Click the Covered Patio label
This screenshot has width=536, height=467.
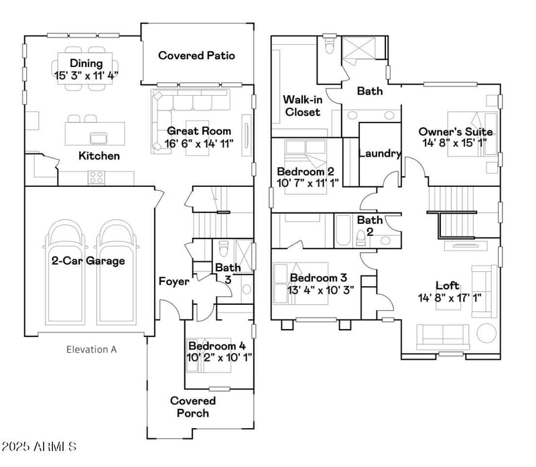196,56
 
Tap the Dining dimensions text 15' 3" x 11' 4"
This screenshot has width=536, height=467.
86,75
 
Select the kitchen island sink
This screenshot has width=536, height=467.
98,138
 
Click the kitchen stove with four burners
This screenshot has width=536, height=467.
96,178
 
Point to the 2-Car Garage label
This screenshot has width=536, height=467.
88,261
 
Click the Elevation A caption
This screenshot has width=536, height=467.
91,349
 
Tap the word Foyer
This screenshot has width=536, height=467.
174,281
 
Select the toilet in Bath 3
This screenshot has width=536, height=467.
224,248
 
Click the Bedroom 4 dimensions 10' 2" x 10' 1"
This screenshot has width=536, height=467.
220,358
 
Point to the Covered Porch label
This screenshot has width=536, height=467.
193,407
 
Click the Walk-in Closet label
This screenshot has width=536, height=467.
303,106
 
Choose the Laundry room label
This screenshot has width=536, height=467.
380,153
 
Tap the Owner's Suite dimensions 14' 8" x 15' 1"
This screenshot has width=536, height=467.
455,143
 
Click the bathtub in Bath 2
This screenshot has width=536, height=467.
343,230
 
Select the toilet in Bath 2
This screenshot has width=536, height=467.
361,239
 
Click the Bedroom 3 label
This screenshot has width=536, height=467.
319,277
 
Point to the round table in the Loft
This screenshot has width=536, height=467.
486,333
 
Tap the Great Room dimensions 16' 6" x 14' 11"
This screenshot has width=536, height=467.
199,143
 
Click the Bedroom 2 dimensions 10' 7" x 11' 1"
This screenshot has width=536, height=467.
308,183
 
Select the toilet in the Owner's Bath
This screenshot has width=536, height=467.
329,45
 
